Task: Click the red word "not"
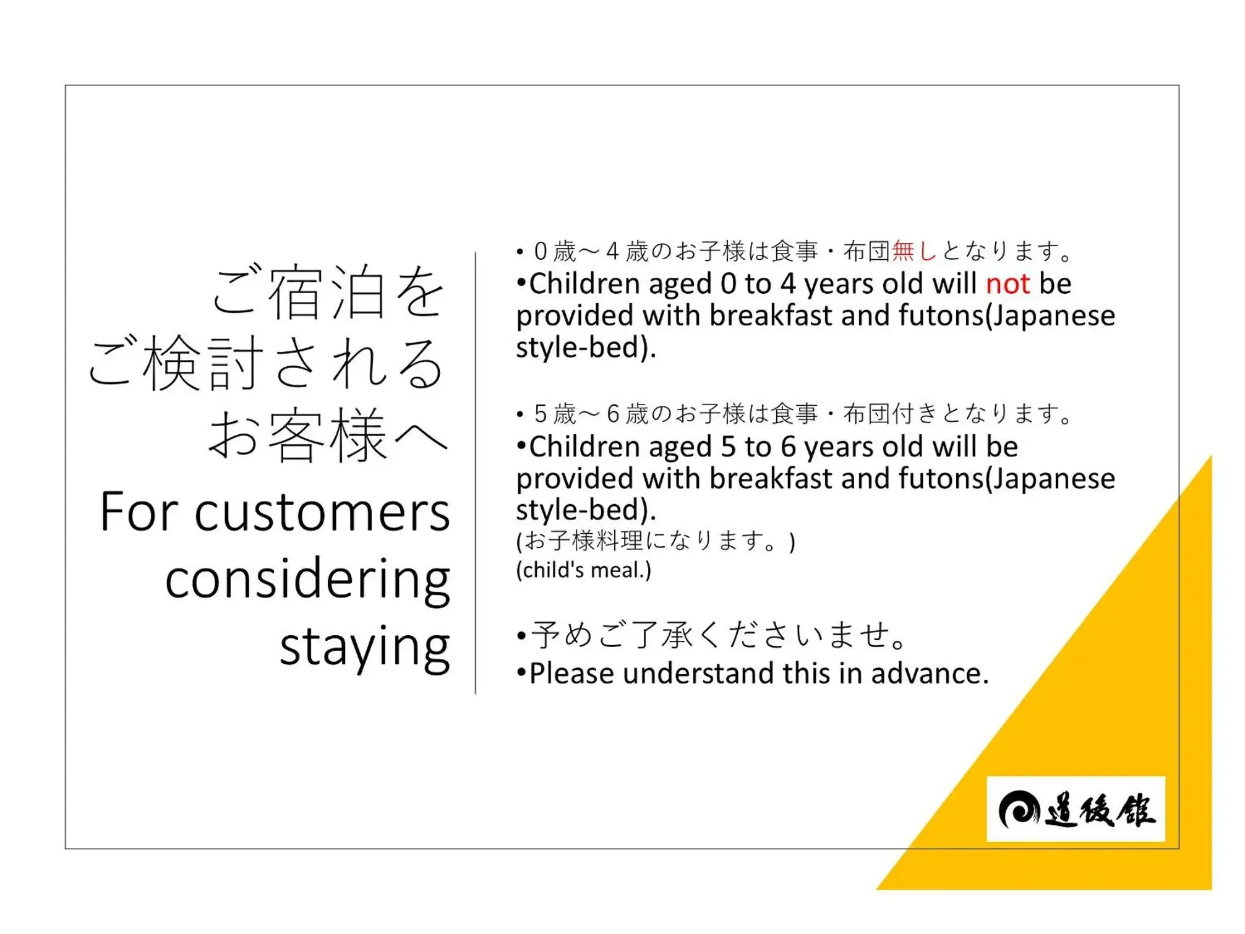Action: pyautogui.click(x=1008, y=284)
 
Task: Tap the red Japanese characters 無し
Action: pyautogui.click(x=914, y=251)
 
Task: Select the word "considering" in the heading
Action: pyautogui.click(x=307, y=580)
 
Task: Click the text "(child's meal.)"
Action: pyautogui.click(x=584, y=571)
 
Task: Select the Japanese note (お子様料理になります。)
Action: pyautogui.click(x=655, y=541)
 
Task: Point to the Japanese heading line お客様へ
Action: pyautogui.click(x=328, y=436)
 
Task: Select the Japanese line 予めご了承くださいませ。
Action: pyautogui.click(x=720, y=636)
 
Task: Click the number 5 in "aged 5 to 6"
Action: pyautogui.click(x=728, y=447)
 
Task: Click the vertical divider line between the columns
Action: pyautogui.click(x=475, y=473)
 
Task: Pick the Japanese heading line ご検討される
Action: pyautogui.click(x=266, y=363)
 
